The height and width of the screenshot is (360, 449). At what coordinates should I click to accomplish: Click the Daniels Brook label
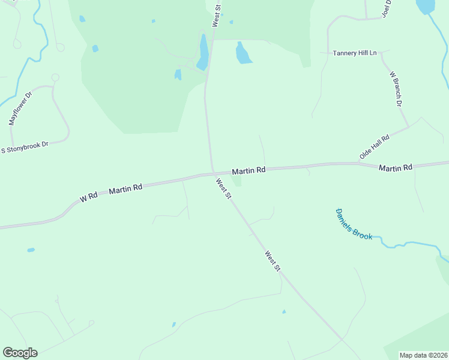(354, 224)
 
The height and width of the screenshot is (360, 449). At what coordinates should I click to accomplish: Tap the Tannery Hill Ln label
(355, 53)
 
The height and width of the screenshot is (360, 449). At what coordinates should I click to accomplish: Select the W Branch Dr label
(395, 89)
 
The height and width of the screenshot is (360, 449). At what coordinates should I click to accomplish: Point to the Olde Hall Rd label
(375, 146)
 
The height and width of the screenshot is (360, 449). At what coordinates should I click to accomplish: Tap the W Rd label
(88, 197)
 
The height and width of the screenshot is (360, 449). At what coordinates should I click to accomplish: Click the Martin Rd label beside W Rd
(125, 189)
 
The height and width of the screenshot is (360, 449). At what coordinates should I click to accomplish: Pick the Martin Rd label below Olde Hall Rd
(396, 167)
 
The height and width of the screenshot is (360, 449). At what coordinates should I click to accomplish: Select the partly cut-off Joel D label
(386, 9)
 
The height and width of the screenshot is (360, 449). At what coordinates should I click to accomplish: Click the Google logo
(20, 353)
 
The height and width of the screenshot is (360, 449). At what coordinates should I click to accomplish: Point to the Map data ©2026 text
(423, 355)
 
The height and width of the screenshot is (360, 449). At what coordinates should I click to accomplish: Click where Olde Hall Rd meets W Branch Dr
(409, 127)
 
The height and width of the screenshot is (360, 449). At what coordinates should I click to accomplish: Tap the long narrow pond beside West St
(203, 53)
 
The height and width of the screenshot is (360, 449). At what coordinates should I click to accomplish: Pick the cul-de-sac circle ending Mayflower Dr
(55, 77)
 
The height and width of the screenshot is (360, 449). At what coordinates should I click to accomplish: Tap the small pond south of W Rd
(31, 250)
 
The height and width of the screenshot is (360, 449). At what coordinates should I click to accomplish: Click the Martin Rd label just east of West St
(249, 170)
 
